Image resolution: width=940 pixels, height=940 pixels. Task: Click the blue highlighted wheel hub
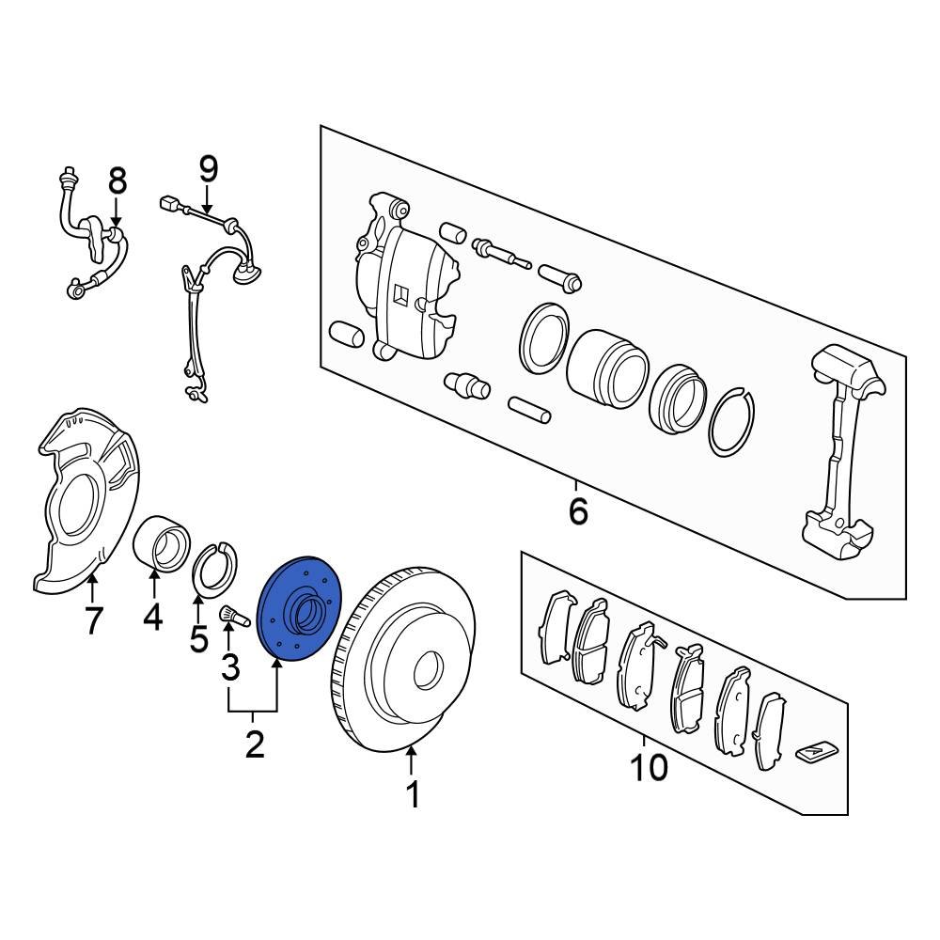point(299,608)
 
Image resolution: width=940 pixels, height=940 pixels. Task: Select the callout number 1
point(413,795)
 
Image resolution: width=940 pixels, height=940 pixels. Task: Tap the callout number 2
point(254,744)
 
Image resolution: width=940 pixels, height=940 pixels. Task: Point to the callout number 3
point(230,666)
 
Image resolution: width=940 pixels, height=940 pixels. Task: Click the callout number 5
point(198,638)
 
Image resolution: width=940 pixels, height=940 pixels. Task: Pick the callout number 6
point(578,510)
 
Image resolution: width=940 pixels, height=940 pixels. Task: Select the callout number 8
point(117,180)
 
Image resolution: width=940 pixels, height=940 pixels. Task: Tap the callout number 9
point(208,169)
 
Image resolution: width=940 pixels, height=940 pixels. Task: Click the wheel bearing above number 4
point(161,543)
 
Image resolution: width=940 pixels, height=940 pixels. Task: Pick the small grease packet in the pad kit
point(817,753)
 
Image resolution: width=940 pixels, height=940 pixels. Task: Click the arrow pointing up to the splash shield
point(92,588)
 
